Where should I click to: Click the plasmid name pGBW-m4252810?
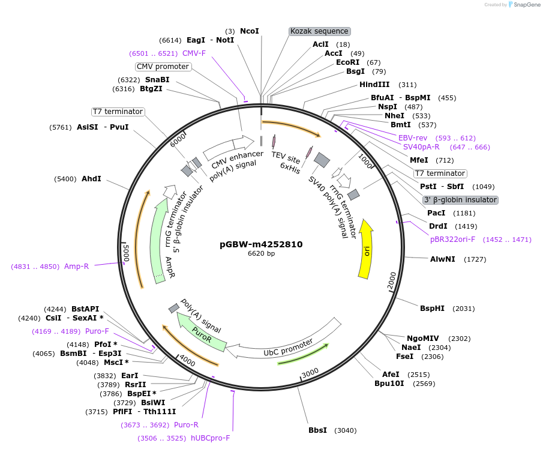(x=261, y=244)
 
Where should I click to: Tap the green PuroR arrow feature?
(x=202, y=333)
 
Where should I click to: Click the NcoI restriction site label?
(x=249, y=31)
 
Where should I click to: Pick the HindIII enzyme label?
(x=374, y=85)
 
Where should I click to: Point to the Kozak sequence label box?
(x=319, y=31)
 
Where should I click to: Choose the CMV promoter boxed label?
(x=163, y=67)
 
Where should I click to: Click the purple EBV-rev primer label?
(x=413, y=137)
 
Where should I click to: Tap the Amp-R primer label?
(x=76, y=266)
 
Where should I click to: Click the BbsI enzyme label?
(x=317, y=430)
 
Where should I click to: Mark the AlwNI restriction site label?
(x=442, y=259)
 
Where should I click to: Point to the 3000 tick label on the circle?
(x=310, y=373)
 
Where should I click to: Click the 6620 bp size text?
(x=261, y=254)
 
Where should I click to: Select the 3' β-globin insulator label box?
(x=460, y=200)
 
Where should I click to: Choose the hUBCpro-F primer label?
(x=210, y=438)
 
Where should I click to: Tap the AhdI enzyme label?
(x=91, y=179)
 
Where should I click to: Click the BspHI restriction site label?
(x=432, y=309)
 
